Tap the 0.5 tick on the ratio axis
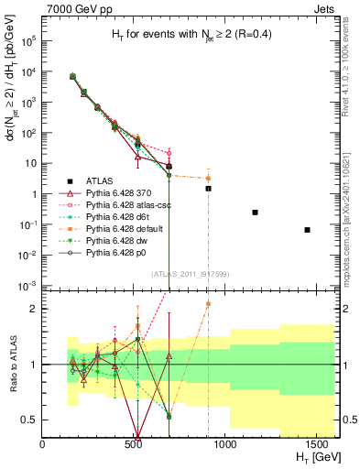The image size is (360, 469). [32, 420]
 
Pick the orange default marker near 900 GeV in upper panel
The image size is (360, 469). [208, 179]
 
